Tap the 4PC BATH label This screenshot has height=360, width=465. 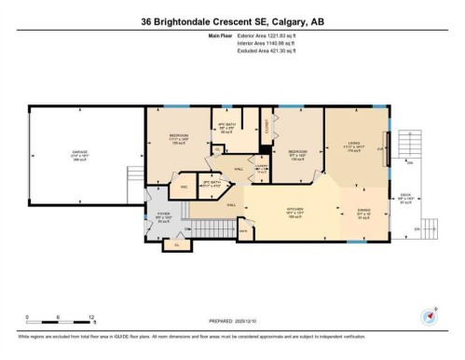click(224, 127)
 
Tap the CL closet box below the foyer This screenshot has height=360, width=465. click(178, 245)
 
